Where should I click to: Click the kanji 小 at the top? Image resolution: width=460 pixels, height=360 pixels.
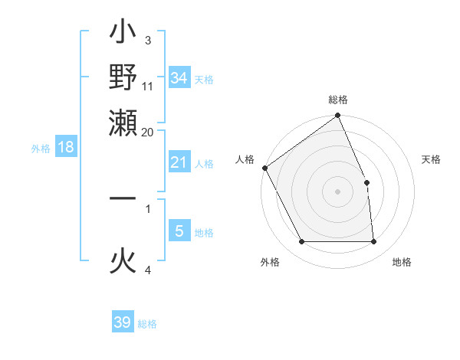tap(123, 34)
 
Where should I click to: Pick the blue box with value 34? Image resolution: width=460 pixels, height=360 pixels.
tap(179, 77)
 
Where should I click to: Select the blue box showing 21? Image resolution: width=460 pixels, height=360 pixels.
tap(179, 162)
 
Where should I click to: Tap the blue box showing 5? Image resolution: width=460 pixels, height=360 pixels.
tap(179, 231)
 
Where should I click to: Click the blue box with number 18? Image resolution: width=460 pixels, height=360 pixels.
tap(66, 147)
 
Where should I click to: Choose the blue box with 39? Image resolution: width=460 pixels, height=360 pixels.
tap(122, 322)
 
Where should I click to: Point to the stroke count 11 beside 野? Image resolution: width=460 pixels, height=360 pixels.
tap(148, 87)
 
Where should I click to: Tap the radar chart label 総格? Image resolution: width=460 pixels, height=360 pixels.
tap(338, 100)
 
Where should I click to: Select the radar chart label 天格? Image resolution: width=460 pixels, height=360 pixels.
tap(432, 159)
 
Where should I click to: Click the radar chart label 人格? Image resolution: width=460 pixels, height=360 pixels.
tap(245, 159)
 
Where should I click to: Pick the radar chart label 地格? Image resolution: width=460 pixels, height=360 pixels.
tap(402, 262)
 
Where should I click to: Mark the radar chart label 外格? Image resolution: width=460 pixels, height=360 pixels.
tap(270, 262)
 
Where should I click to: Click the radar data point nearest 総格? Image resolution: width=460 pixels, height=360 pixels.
tap(338, 116)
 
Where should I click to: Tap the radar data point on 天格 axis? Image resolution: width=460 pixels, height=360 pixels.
tap(366, 183)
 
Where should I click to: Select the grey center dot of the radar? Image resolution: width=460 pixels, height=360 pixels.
tap(338, 191)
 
